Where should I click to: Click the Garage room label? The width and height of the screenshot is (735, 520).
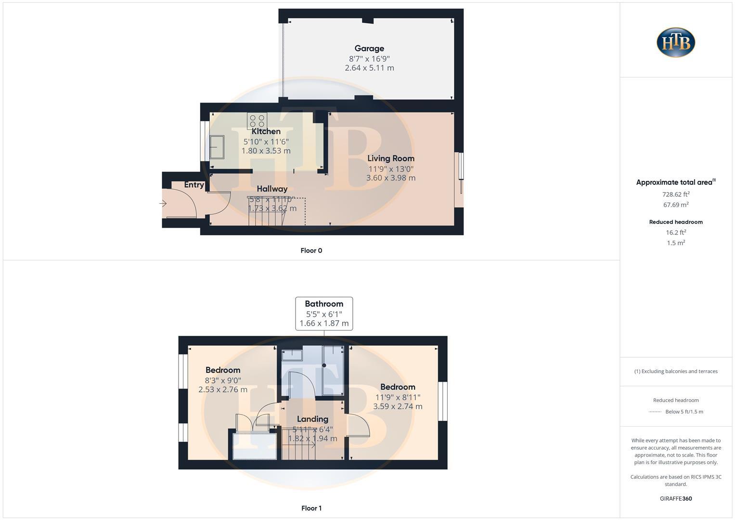click(x=369, y=48)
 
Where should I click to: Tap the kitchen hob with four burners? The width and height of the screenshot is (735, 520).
click(x=257, y=120)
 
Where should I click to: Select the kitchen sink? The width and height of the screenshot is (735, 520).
click(x=217, y=147)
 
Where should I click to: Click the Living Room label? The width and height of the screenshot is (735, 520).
click(x=391, y=158)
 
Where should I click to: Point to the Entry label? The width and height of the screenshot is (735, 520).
click(x=194, y=185)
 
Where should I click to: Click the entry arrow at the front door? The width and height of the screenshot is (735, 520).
click(x=163, y=204)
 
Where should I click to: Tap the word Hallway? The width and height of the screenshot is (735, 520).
click(x=272, y=189)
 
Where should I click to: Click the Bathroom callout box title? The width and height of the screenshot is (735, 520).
click(x=324, y=304)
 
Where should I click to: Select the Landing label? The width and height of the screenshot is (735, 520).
click(x=312, y=419)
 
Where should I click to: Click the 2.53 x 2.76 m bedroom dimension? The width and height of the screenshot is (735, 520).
click(x=223, y=390)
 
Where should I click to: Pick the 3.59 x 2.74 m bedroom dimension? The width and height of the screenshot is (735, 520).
click(x=398, y=406)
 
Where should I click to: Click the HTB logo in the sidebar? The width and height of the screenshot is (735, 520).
click(x=676, y=42)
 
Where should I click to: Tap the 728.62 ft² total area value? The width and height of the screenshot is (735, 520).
click(x=676, y=195)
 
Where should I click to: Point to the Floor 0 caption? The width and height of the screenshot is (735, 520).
click(x=311, y=250)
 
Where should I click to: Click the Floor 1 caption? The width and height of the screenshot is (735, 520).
click(x=311, y=508)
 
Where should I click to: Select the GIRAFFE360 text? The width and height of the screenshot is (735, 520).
click(x=676, y=499)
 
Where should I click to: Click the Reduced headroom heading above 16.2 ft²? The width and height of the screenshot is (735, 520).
click(x=676, y=222)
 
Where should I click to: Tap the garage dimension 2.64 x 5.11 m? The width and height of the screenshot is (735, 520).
click(x=369, y=68)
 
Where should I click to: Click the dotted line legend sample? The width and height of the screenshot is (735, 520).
click(x=655, y=412)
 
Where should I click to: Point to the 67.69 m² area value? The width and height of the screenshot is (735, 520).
click(x=676, y=205)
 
